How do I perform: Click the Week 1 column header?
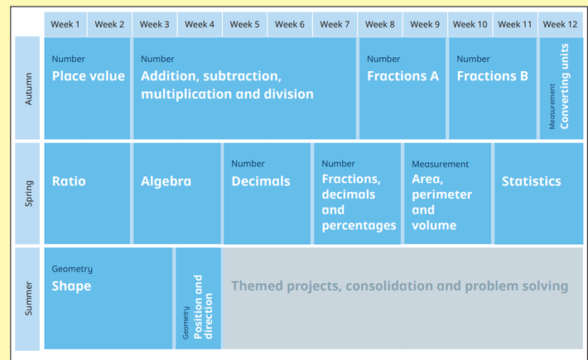pos(65,24)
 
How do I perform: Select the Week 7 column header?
pos(335,24)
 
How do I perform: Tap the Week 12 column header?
pos(560,24)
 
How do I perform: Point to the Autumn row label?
pos(28,89)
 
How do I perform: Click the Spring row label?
pos(28,194)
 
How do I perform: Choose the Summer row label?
pos(28,299)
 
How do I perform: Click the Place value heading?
pos(89,76)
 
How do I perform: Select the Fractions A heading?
pos(402,76)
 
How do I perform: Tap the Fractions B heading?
pos(493,76)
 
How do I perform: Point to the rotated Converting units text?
pos(564,87)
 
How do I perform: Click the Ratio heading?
pos(69,181)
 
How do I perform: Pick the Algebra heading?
pos(166,181)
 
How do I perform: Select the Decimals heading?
pos(261,181)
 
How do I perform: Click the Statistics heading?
pos(532,181)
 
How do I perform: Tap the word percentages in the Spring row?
pos(359,225)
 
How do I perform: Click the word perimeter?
pos(441,194)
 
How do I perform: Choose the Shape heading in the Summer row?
pos(71,286)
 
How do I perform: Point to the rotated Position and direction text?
pos(203,307)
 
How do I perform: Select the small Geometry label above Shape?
pos(72,269)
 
